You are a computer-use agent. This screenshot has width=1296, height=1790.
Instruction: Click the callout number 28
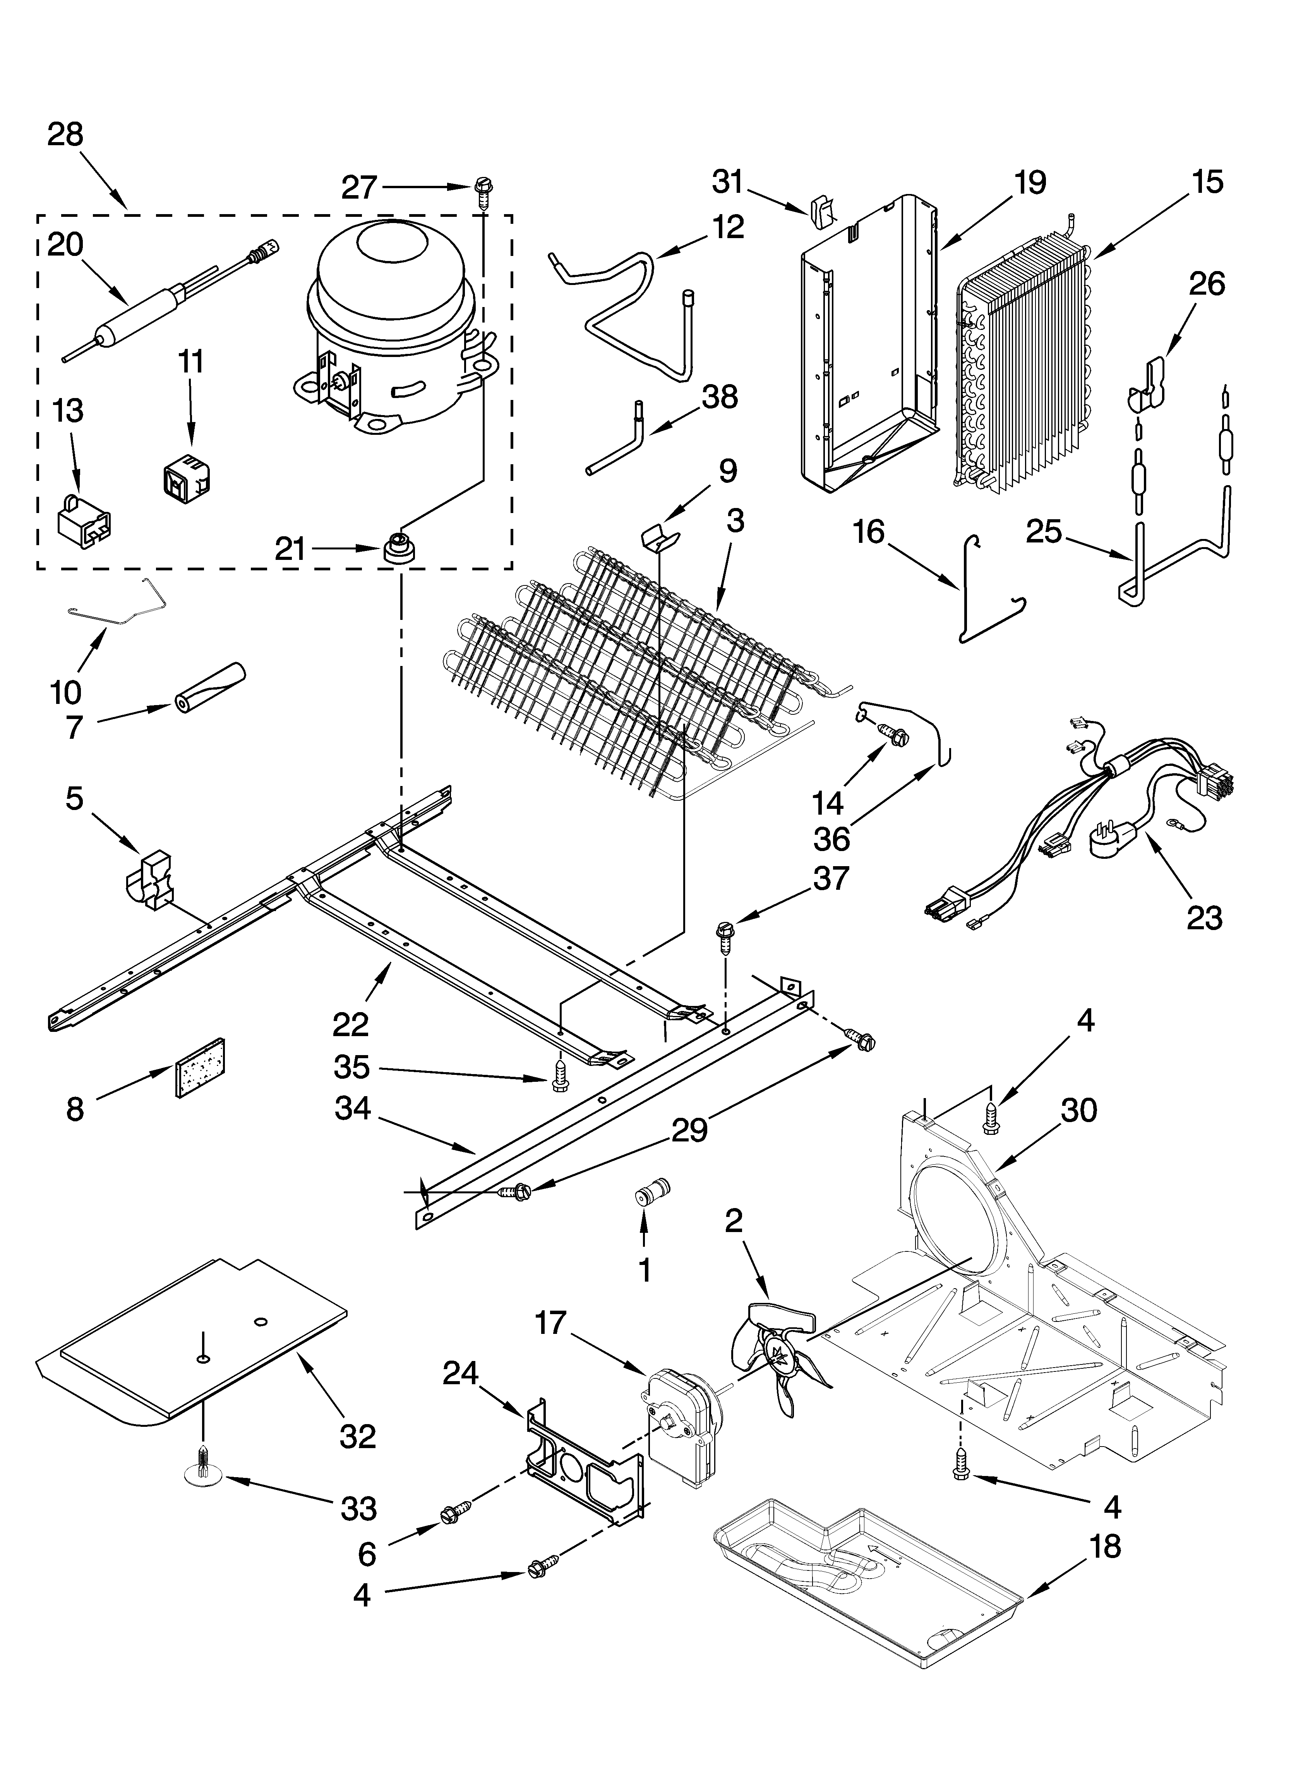[65, 134]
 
